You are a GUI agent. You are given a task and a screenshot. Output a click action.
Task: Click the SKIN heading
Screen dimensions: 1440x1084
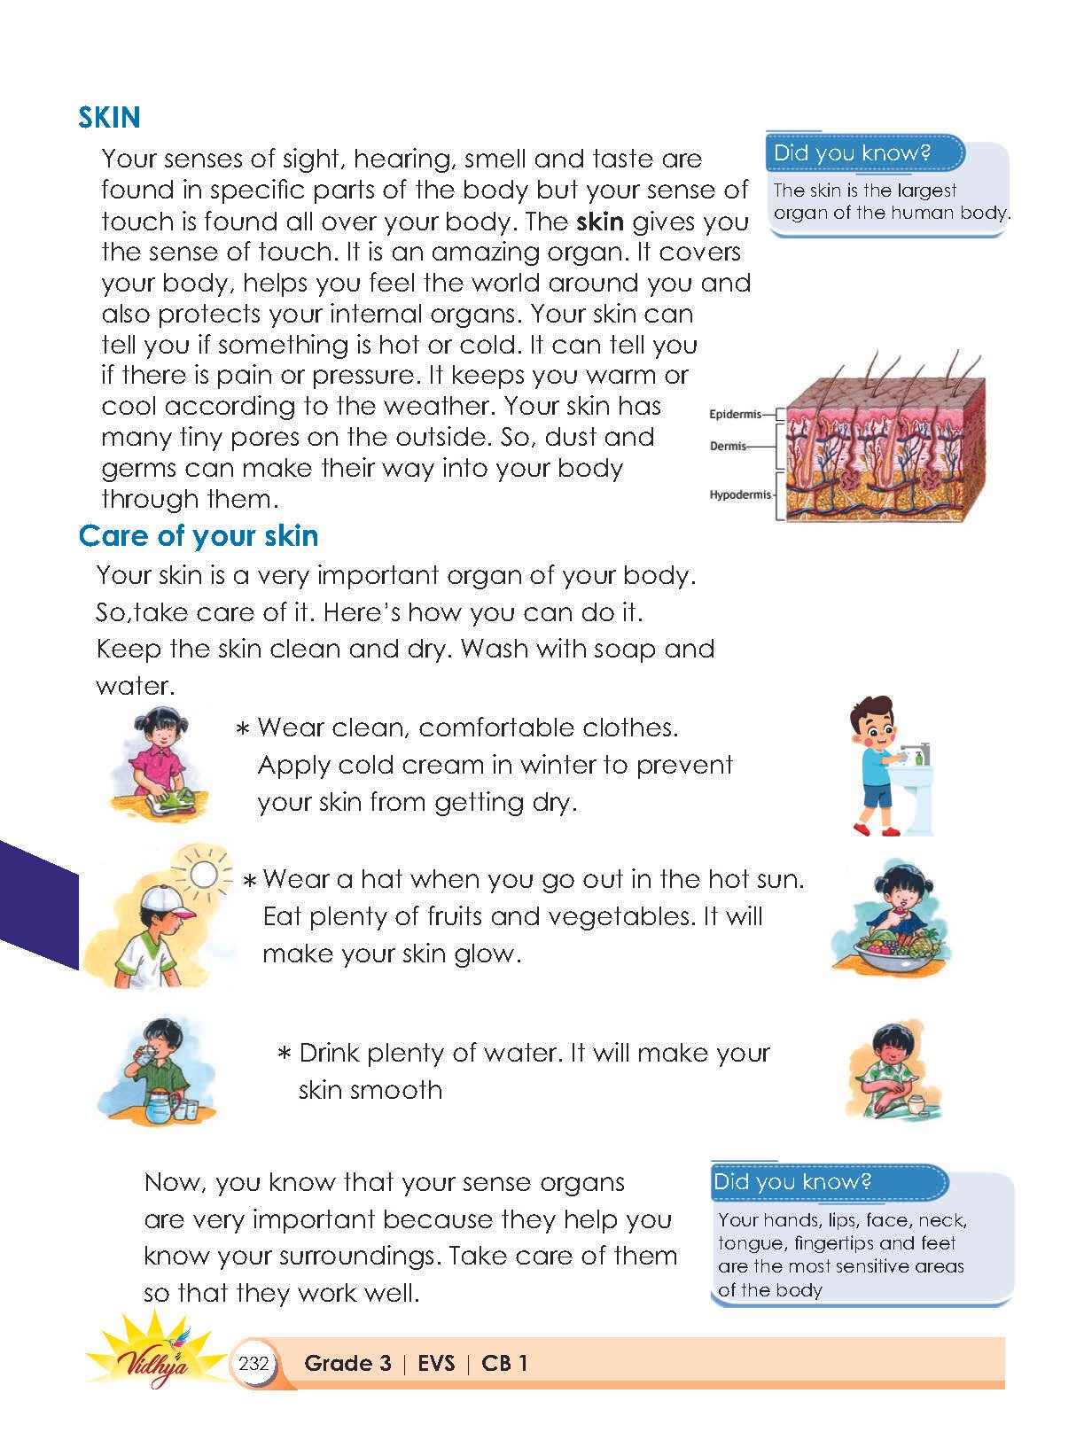(109, 118)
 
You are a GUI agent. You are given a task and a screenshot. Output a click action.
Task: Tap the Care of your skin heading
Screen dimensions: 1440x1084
(198, 536)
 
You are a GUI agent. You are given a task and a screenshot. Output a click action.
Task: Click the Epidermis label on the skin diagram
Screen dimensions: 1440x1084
(735, 414)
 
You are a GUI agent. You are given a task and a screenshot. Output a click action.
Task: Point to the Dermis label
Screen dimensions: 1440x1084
(728, 446)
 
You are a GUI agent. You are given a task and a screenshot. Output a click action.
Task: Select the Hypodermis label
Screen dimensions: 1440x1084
(740, 494)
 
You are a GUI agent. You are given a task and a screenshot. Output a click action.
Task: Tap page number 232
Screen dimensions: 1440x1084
(253, 1363)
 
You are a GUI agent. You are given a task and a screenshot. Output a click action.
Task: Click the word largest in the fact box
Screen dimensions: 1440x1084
(927, 190)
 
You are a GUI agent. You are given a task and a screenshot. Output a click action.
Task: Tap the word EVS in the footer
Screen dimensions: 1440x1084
(435, 1363)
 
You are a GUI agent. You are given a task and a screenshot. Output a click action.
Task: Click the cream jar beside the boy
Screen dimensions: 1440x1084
(916, 1105)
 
